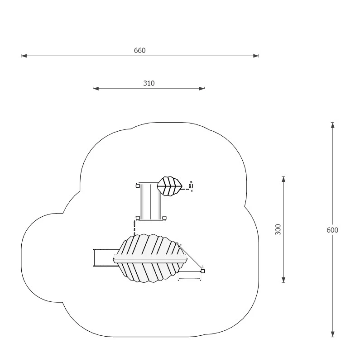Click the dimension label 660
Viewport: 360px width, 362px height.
[x=139, y=50]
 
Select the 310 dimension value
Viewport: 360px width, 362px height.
[x=149, y=83]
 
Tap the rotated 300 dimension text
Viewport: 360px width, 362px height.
[x=278, y=229]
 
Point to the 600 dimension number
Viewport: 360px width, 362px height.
[x=332, y=230]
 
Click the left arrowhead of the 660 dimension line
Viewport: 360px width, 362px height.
[x=24, y=56]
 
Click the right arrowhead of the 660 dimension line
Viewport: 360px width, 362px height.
[x=256, y=56]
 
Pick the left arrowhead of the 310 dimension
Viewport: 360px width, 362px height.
[x=96, y=88]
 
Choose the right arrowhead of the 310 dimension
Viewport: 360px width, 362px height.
[x=202, y=88]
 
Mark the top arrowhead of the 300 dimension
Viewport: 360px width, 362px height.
[x=283, y=179]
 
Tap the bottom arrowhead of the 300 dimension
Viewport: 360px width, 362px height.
[x=283, y=280]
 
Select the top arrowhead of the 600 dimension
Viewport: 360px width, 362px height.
[x=332, y=125]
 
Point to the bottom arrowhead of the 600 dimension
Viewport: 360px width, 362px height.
[x=332, y=334]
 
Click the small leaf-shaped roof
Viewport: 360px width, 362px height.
[x=170, y=186]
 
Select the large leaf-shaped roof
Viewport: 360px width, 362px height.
[x=150, y=258]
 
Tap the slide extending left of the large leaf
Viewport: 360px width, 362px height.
[x=106, y=258]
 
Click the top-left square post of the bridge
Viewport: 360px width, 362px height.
[x=138, y=186]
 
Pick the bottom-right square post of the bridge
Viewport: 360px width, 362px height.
[x=164, y=218]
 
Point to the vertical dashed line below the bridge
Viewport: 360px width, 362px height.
[x=134, y=228]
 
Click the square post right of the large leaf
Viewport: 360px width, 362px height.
[x=203, y=271]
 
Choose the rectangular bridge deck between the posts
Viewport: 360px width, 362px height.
[x=151, y=201]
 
